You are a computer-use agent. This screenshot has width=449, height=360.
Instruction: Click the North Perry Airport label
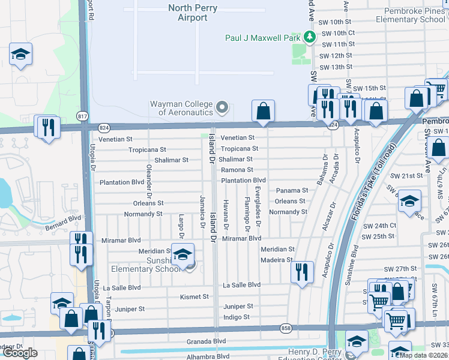(196, 13)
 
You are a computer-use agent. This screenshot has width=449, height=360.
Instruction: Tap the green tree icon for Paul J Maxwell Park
(310, 37)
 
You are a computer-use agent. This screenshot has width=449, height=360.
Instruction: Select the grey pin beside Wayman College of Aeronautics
(223, 108)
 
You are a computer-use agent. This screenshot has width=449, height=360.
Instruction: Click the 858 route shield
(285, 328)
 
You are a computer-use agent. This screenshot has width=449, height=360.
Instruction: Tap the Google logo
(20, 353)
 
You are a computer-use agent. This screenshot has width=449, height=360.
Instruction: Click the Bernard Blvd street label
(62, 223)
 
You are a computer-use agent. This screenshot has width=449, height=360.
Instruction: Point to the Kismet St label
(194, 296)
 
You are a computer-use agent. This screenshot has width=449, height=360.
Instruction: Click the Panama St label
(292, 191)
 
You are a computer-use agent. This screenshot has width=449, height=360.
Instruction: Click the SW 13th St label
(336, 67)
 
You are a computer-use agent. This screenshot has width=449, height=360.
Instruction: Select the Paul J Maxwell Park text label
(262, 37)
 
